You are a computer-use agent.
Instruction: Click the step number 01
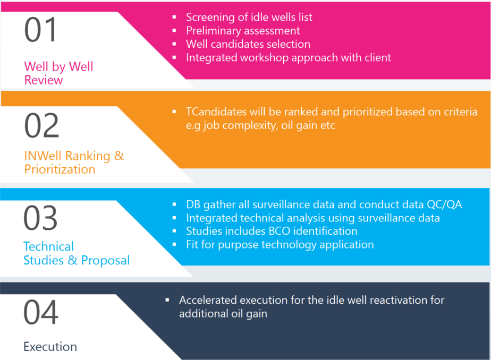[x=40, y=31]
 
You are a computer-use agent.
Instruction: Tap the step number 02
[x=41, y=125]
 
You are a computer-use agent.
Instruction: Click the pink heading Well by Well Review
[x=58, y=73]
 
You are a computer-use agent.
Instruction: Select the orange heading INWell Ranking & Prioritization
[x=74, y=162]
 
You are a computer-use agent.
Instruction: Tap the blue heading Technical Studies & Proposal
[x=77, y=253]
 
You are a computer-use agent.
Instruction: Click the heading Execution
[x=50, y=347]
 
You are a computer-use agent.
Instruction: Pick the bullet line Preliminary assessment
[x=243, y=31]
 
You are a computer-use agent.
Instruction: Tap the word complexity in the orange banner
[x=254, y=126]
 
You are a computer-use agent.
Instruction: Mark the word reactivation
[x=384, y=300]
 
